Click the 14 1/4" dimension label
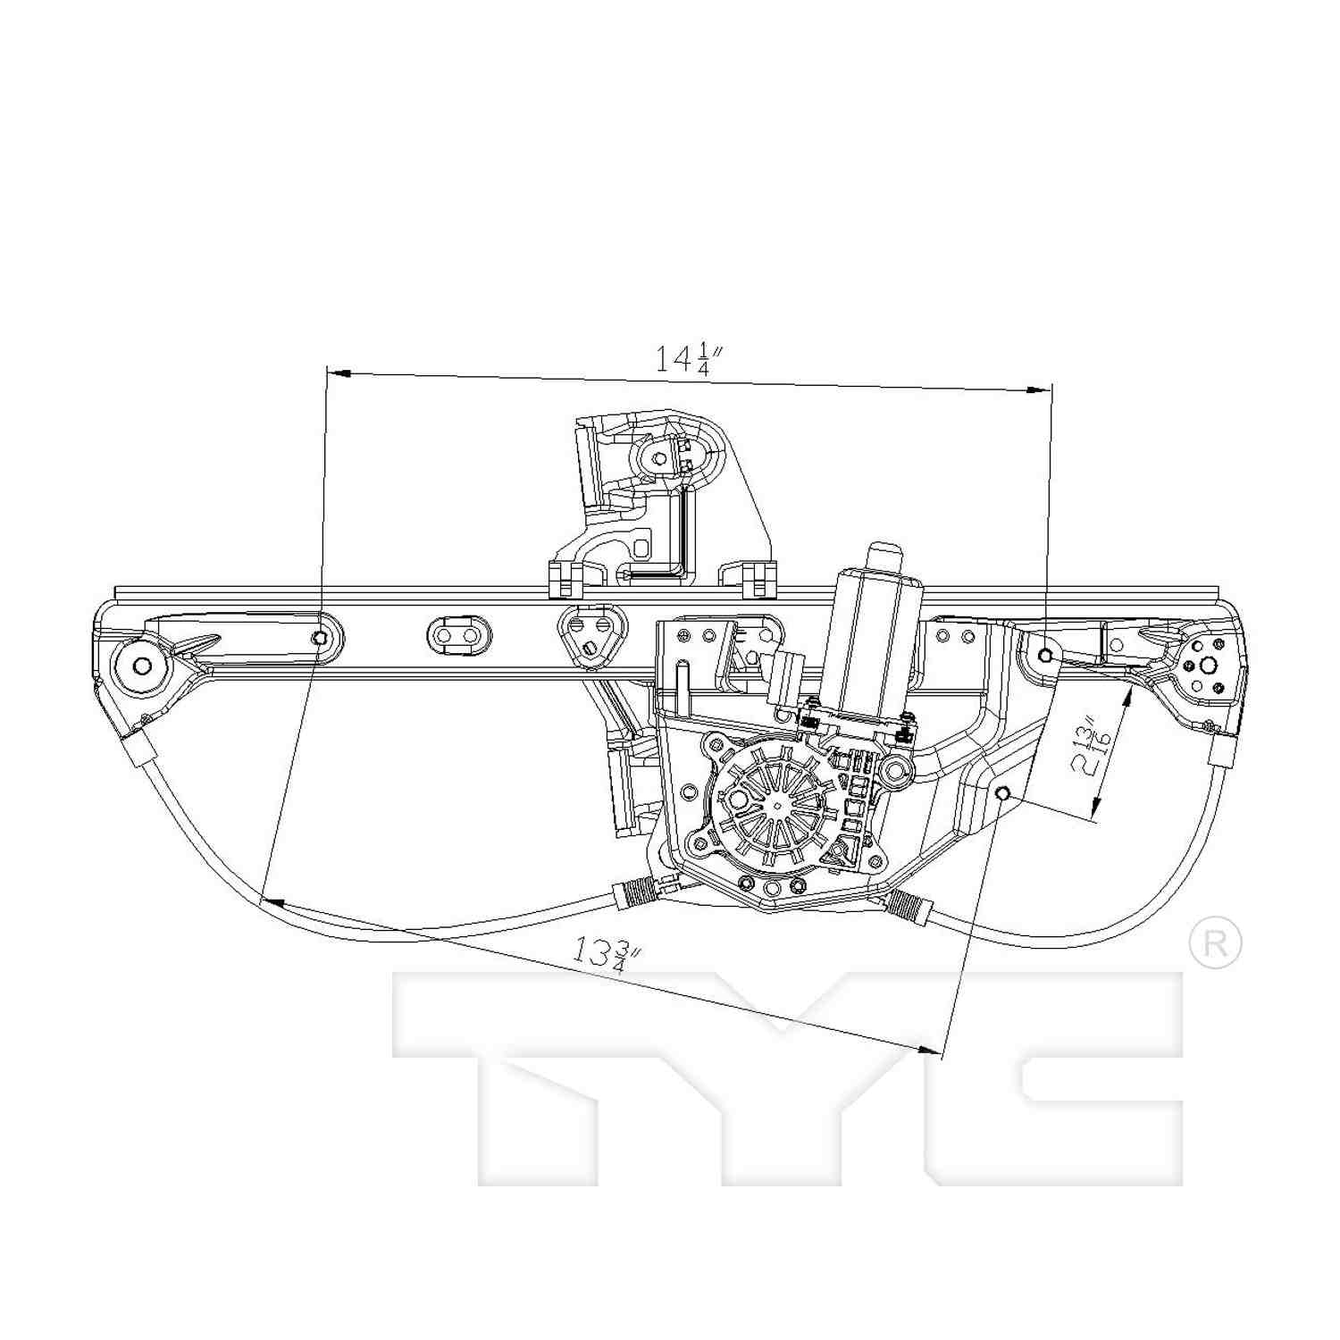click(683, 359)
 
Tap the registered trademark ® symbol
click(1216, 943)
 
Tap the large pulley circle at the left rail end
click(140, 666)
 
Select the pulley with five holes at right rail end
click(1207, 666)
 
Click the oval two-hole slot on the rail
click(458, 635)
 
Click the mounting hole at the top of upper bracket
click(659, 458)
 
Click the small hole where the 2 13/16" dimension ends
click(1002, 793)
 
